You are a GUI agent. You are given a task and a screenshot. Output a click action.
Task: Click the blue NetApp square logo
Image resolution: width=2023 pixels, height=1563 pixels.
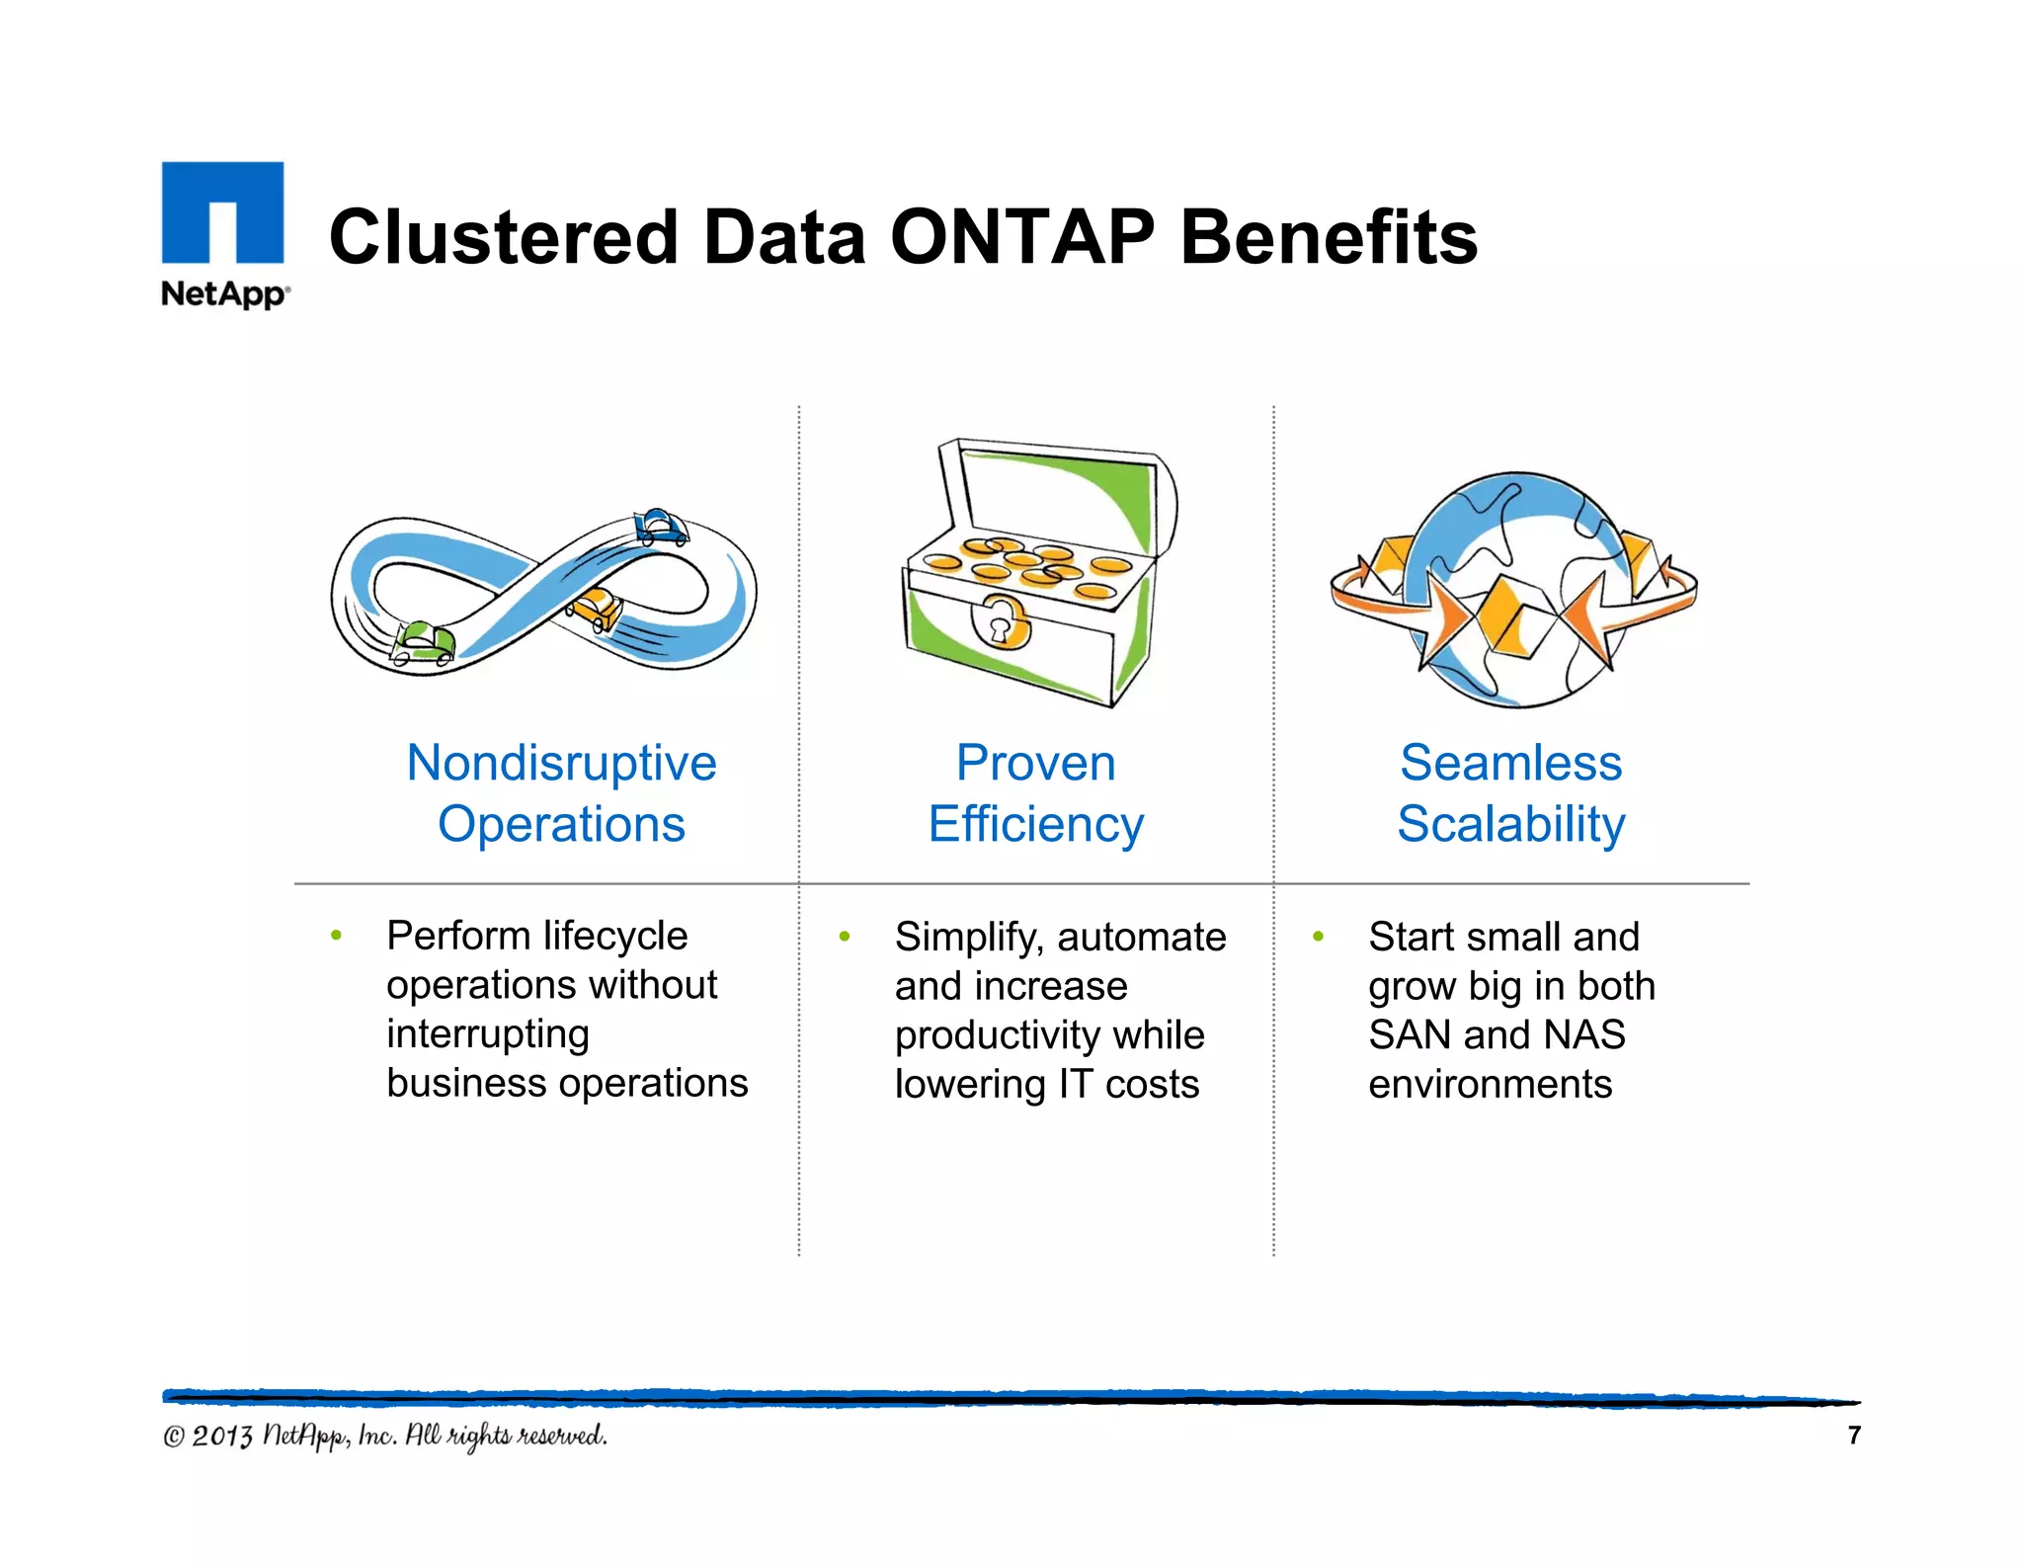point(222,211)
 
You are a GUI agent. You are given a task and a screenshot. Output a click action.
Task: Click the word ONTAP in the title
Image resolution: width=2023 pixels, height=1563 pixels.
point(1021,238)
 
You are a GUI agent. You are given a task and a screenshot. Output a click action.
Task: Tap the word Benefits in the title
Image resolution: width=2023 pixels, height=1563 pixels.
point(1329,238)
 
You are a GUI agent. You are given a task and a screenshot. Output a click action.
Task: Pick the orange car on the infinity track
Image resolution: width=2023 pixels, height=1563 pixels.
point(597,608)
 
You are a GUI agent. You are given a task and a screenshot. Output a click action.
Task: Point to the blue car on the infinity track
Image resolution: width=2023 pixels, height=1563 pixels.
point(660,526)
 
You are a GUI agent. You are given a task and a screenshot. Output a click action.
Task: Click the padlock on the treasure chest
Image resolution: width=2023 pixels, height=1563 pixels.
point(1002,621)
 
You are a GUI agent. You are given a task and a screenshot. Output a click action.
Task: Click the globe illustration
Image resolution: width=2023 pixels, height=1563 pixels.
point(1513,590)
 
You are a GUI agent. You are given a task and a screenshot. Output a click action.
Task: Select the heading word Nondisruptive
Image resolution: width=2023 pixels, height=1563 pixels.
point(561,764)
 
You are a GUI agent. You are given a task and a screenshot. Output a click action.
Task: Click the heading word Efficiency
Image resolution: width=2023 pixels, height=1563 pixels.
point(1035,825)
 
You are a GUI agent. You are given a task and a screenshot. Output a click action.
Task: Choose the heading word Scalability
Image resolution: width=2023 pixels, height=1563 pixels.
point(1510,825)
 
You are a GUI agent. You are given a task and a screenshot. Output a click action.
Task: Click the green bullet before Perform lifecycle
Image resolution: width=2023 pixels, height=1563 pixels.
point(337,935)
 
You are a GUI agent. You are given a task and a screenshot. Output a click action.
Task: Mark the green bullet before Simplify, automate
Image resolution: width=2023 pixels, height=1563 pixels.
point(845,936)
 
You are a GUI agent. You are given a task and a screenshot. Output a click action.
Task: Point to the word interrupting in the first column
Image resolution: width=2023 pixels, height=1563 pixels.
point(487,1034)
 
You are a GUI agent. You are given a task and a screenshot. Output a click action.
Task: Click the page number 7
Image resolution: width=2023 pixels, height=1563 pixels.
point(1853,1435)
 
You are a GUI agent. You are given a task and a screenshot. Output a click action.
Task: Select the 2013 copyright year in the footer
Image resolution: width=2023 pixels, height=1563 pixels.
point(222,1436)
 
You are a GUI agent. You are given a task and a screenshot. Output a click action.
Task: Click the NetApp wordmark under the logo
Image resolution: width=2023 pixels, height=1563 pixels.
point(225,294)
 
